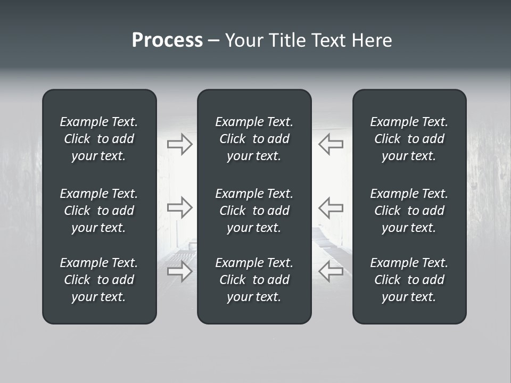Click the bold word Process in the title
(167, 40)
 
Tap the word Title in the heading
(288, 40)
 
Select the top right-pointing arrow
(180, 144)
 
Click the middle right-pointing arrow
(180, 207)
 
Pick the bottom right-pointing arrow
(180, 271)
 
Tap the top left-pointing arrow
(331, 144)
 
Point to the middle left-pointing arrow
(331, 207)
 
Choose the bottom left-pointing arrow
(331, 271)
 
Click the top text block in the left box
(99, 139)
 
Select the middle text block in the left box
(99, 211)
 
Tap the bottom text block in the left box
(99, 280)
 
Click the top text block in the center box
(254, 139)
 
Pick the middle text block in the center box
(254, 211)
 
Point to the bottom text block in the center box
(254, 280)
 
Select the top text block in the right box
(409, 139)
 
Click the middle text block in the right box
(409, 211)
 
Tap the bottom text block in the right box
(409, 280)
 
